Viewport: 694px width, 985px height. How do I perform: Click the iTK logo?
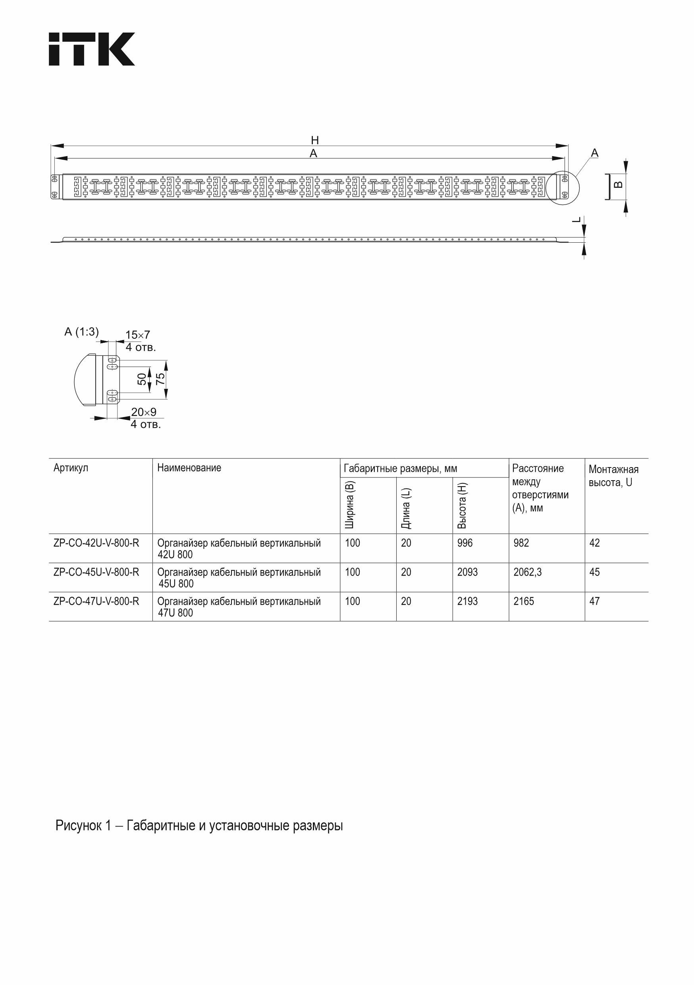coord(91,49)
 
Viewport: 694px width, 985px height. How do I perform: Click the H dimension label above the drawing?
coord(315,140)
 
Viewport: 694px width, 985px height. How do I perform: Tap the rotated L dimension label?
coord(577,220)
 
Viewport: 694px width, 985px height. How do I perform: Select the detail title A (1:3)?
coord(81,332)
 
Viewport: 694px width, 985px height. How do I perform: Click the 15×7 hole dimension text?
coord(138,335)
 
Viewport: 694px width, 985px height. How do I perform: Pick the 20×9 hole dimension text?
coord(144,412)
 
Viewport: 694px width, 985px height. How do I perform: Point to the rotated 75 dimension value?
coord(160,379)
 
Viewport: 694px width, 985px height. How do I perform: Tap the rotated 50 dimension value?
coord(142,379)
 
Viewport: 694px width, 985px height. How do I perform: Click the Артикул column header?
coord(71,467)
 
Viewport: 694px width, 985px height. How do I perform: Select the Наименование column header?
coord(189,467)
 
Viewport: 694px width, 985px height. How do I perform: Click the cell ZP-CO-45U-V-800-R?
coord(96,572)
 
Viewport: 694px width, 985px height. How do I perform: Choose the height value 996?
coord(465,543)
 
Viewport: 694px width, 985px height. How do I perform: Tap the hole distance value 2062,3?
coord(527,572)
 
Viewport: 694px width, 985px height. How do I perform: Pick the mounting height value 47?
coord(594,601)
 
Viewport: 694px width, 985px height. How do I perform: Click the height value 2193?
coord(467,601)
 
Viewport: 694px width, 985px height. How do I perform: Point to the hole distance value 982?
coord(521,543)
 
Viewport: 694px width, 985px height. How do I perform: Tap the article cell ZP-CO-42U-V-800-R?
coord(96,543)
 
